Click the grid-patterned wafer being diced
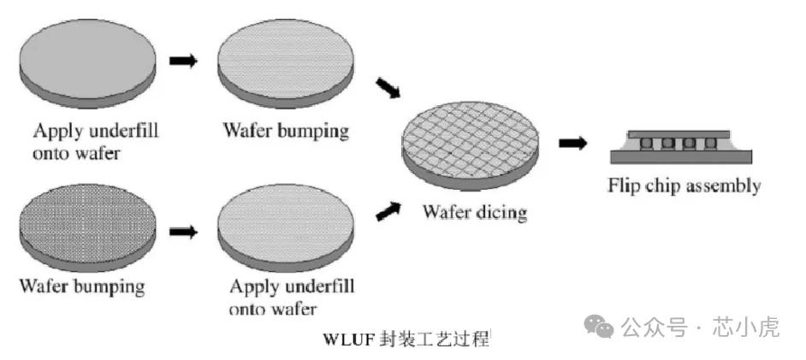tap(471, 146)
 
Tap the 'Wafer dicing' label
tap(473, 212)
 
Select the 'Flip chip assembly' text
tap(684, 185)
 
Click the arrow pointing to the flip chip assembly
tap(572, 143)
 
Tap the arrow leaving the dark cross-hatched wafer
tap(182, 231)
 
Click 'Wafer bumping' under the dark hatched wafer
tap(81, 285)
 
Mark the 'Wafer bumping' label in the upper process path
tap(286, 131)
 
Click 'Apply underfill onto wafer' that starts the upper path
tap(95, 140)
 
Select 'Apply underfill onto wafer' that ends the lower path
tap(292, 295)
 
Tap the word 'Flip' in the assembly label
tap(623, 185)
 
